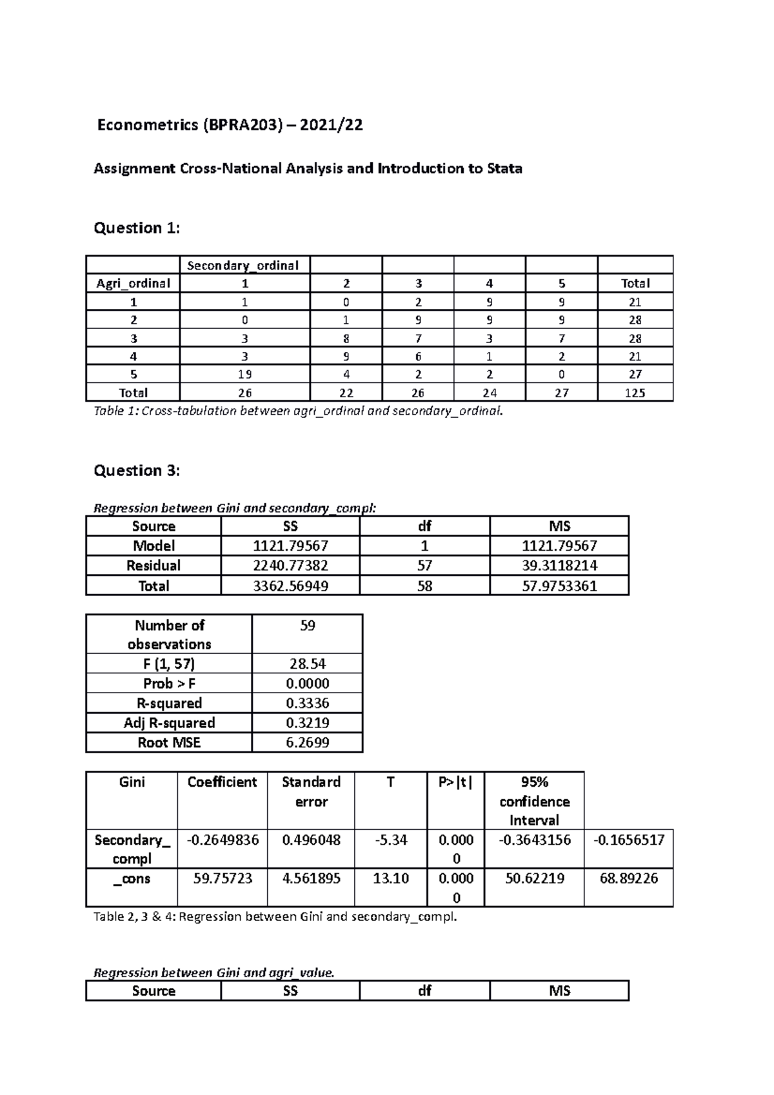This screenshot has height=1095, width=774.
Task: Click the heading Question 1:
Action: (137, 228)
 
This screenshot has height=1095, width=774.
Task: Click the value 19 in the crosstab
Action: (244, 374)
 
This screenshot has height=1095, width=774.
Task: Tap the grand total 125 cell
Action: (635, 393)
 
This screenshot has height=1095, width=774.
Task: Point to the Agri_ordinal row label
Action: (133, 283)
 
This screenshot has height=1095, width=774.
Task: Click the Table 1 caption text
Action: (297, 411)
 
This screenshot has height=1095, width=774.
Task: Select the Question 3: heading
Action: (137, 470)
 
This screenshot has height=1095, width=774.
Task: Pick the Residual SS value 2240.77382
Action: (290, 566)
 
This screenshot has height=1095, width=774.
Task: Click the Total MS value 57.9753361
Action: (559, 586)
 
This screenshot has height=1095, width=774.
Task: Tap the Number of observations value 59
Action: (308, 626)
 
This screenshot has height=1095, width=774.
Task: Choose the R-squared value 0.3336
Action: (308, 703)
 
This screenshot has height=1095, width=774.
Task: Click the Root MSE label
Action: (169, 742)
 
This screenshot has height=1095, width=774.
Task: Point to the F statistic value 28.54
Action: (308, 664)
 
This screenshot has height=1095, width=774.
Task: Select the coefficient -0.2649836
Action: (223, 840)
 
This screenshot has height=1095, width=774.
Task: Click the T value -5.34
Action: (391, 840)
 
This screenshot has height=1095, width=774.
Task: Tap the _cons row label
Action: (132, 878)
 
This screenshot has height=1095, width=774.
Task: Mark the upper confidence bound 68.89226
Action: (628, 878)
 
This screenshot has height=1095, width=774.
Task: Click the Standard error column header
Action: (311, 791)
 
